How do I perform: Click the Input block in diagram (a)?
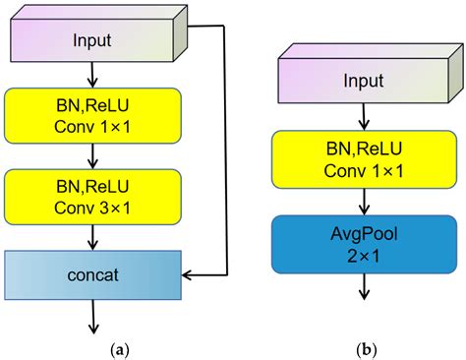pyautogui.click(x=90, y=41)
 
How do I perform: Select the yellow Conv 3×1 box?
pyautogui.click(x=92, y=197)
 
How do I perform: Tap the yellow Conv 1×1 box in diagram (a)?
pyautogui.click(x=92, y=116)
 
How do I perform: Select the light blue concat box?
pyautogui.click(x=92, y=275)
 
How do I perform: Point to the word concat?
pyautogui.click(x=92, y=275)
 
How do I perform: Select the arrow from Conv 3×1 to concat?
pyautogui.click(x=92, y=237)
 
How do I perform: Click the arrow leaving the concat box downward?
pyautogui.click(x=92, y=317)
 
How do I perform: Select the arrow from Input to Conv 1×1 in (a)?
pyautogui.click(x=92, y=75)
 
